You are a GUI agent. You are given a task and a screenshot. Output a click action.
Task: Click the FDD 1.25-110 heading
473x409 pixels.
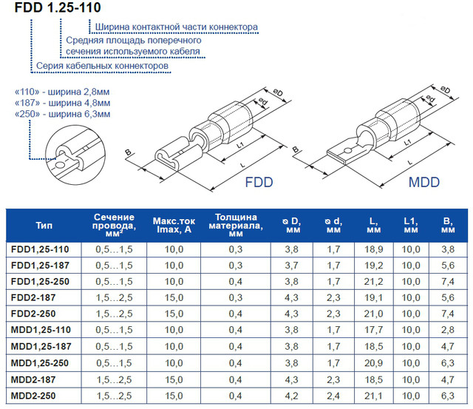pyautogui.click(x=58, y=7)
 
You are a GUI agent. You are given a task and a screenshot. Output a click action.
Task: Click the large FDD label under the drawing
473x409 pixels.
pyautogui.click(x=259, y=183)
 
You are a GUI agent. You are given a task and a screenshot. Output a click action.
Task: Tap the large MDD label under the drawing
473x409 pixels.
pyautogui.click(x=423, y=183)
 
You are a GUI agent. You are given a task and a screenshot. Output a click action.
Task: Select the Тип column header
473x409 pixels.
pyautogui.click(x=44, y=226)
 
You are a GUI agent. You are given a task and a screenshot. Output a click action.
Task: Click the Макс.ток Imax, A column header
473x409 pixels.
pyautogui.click(x=174, y=225)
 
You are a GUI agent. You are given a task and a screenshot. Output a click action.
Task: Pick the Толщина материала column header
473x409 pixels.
pyautogui.click(x=236, y=225)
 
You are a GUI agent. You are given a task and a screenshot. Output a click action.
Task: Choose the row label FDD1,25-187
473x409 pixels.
pyautogui.click(x=40, y=266)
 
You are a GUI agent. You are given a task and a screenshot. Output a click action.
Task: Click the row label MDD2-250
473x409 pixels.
pyautogui.click(x=33, y=396)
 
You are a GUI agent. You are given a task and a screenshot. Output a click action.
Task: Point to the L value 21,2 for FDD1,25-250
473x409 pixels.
pyautogui.click(x=373, y=282)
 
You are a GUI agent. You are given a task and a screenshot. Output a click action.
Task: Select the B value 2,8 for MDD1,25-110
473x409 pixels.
pyautogui.click(x=448, y=330)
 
